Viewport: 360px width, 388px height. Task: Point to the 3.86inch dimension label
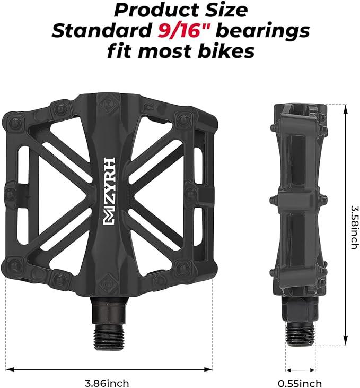pyautogui.click(x=108, y=382)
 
